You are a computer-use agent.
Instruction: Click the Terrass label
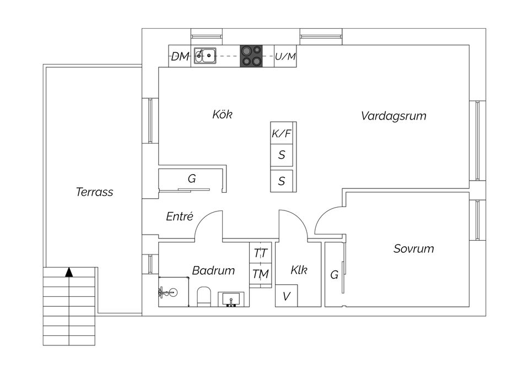pyautogui.click(x=94, y=192)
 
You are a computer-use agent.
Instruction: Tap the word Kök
pyautogui.click(x=222, y=115)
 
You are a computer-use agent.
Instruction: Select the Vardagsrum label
pyautogui.click(x=393, y=116)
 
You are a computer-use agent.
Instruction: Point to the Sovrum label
pyautogui.click(x=413, y=248)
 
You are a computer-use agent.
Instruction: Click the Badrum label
pyautogui.click(x=213, y=270)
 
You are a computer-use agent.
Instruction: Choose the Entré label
pyautogui.click(x=180, y=217)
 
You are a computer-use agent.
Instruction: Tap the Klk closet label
pyautogui.click(x=299, y=270)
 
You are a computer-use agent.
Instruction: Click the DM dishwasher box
pyautogui.click(x=180, y=56)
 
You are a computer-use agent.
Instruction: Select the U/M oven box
pyautogui.click(x=285, y=56)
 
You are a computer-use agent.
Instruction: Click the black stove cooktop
pyautogui.click(x=251, y=56)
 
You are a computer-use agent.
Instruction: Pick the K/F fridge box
pyautogui.click(x=282, y=133)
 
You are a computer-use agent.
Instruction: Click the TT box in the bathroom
pyautogui.click(x=261, y=253)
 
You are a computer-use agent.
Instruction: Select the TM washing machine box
pyautogui.click(x=261, y=274)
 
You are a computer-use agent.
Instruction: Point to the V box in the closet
pyautogui.click(x=287, y=296)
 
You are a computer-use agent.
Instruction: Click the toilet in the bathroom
pyautogui.click(x=203, y=296)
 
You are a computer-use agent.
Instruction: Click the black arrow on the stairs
pyautogui.click(x=69, y=272)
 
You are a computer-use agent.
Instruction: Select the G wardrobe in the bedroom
pyautogui.click(x=334, y=274)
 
